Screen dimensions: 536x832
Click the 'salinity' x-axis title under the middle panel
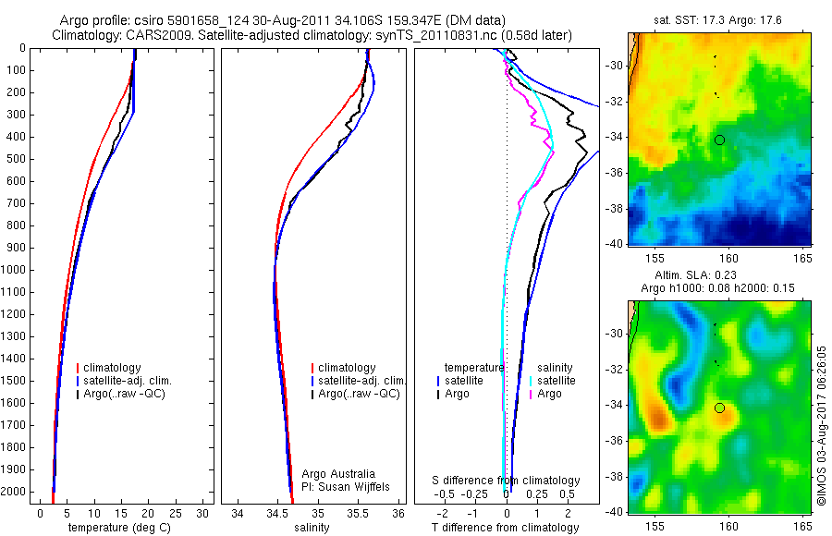coord(311,528)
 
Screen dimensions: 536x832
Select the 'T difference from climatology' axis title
coord(505,528)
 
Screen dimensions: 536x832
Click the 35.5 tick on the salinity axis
coord(358,512)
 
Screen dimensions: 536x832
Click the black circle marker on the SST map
coord(719,140)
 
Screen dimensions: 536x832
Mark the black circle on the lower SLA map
coord(719,408)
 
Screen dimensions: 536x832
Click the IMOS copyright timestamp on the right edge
coord(822,426)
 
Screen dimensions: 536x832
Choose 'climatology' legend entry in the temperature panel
coord(112,368)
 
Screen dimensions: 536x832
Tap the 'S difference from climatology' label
coord(507,481)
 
